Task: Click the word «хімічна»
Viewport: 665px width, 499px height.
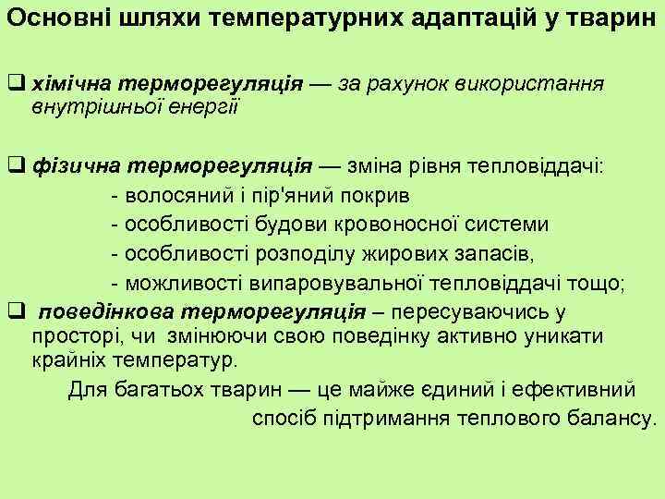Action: click(x=69, y=84)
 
